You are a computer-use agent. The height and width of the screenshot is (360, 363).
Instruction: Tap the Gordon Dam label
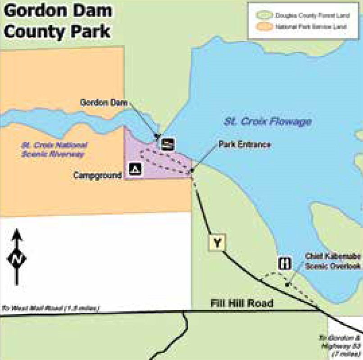(104, 102)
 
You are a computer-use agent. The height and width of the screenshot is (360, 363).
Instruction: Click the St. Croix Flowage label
(268, 121)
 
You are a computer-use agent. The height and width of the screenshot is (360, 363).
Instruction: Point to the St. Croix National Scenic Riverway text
(54, 149)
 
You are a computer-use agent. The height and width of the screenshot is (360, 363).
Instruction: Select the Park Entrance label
(245, 144)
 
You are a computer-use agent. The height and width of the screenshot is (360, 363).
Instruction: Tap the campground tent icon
(136, 169)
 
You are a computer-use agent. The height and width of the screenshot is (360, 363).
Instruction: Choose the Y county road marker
(217, 243)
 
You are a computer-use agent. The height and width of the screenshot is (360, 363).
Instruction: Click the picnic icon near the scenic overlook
(285, 263)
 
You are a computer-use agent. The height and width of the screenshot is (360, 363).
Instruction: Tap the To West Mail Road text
(50, 309)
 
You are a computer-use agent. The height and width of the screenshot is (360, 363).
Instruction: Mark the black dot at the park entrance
(192, 170)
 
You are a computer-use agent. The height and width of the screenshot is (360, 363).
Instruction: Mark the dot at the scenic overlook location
(287, 284)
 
